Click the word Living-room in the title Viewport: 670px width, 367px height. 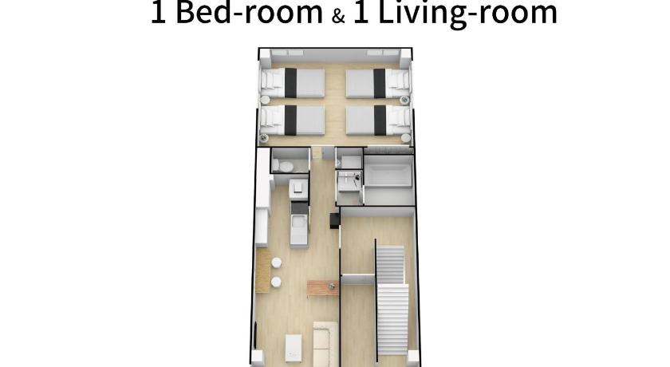coord(468,14)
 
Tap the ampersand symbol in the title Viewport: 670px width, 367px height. coord(338,16)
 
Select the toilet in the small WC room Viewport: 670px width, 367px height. coord(283,165)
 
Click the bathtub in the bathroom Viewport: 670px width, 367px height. coord(388,176)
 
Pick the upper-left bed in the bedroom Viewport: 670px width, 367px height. coord(292,82)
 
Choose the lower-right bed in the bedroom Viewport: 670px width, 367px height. coord(378,120)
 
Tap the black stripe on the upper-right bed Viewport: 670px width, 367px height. coord(380,83)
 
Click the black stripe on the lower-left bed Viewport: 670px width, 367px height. coord(290,120)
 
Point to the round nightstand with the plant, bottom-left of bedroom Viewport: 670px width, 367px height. coord(265,138)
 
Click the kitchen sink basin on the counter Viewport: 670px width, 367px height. coord(298,223)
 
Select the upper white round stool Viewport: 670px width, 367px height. coord(277,262)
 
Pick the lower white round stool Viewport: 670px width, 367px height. coord(276,282)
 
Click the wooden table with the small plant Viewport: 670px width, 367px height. coord(323,288)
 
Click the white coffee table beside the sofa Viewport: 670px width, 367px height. coord(294,348)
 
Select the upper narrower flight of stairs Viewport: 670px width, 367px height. coord(390,264)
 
